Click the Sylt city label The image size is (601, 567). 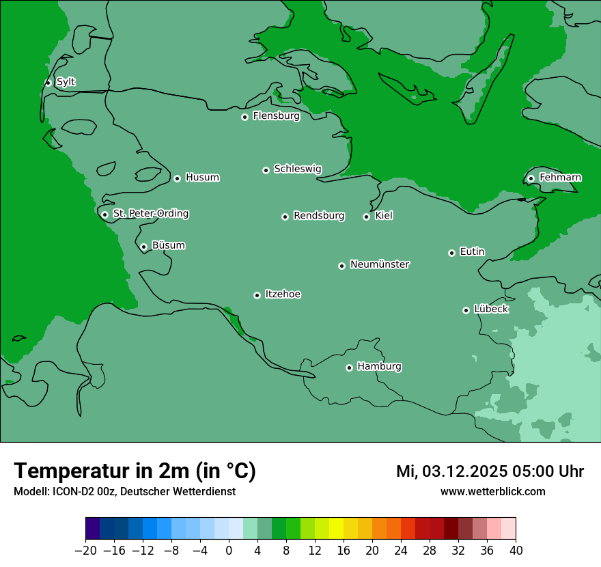point(66,82)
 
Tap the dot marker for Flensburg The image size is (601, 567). point(244,117)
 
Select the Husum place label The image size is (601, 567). point(202,178)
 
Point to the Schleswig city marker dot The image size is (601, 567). point(266,170)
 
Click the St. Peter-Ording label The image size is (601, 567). point(150,214)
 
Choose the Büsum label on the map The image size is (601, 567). point(168,245)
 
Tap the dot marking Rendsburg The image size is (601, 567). point(285,217)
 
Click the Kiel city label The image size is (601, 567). point(384,216)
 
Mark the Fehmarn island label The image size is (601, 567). point(560,178)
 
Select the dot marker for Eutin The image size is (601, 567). point(451,253)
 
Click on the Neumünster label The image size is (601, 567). point(380,264)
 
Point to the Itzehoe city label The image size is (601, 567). point(283,294)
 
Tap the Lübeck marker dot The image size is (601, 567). point(466,310)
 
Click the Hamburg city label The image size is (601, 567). point(379,367)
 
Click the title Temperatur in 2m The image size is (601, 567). point(135,471)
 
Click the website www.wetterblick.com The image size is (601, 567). point(492,492)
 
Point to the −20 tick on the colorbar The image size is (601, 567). point(85,551)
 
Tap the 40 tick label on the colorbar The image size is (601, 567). point(516,551)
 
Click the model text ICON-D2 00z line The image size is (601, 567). point(124,492)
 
